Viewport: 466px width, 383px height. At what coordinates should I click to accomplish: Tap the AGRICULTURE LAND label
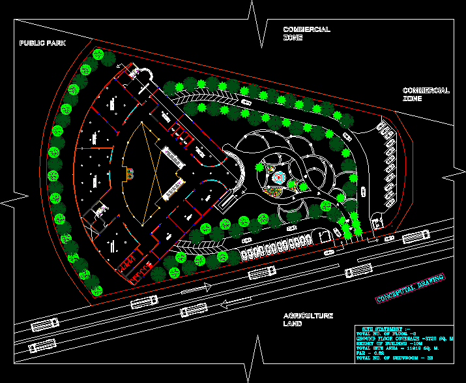pos(308,319)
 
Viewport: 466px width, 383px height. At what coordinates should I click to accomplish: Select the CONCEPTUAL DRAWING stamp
pos(411,288)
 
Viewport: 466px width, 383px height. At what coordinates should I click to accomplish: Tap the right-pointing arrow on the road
pos(196,288)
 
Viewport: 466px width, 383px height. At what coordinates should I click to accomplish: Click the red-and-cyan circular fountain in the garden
pos(278,177)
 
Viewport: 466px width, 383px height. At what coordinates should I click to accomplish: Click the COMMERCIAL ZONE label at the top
pos(306,34)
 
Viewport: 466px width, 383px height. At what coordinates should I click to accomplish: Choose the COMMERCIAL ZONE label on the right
pos(426,95)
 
